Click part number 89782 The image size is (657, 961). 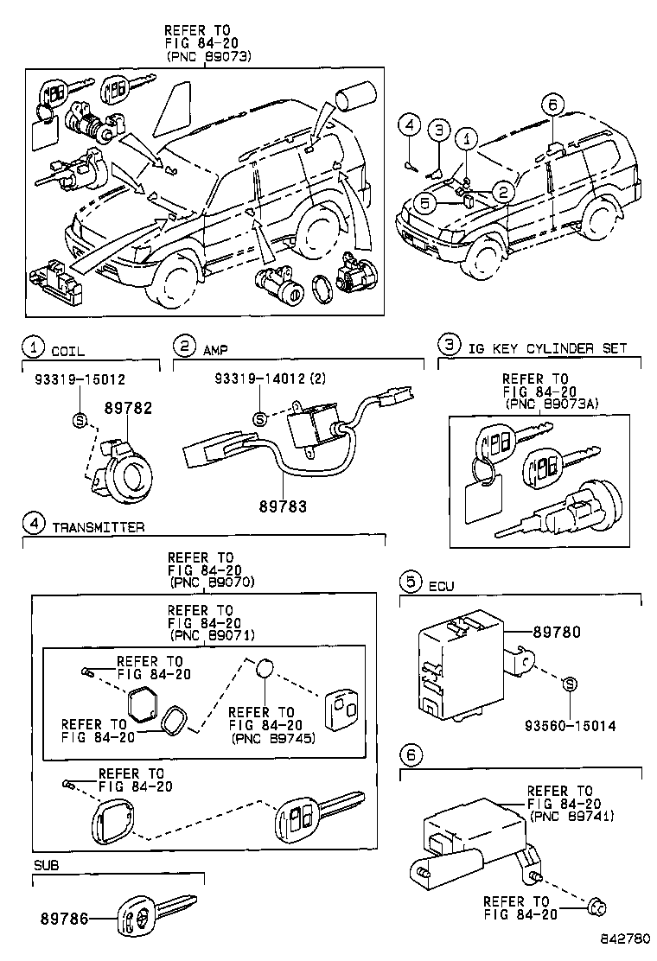click(128, 408)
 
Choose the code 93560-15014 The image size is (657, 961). click(571, 726)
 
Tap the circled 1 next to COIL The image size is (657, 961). click(32, 348)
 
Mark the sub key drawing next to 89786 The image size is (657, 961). click(156, 920)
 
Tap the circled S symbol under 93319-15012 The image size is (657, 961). click(80, 421)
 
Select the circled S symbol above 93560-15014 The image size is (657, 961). click(571, 684)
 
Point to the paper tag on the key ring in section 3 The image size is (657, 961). click(481, 502)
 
